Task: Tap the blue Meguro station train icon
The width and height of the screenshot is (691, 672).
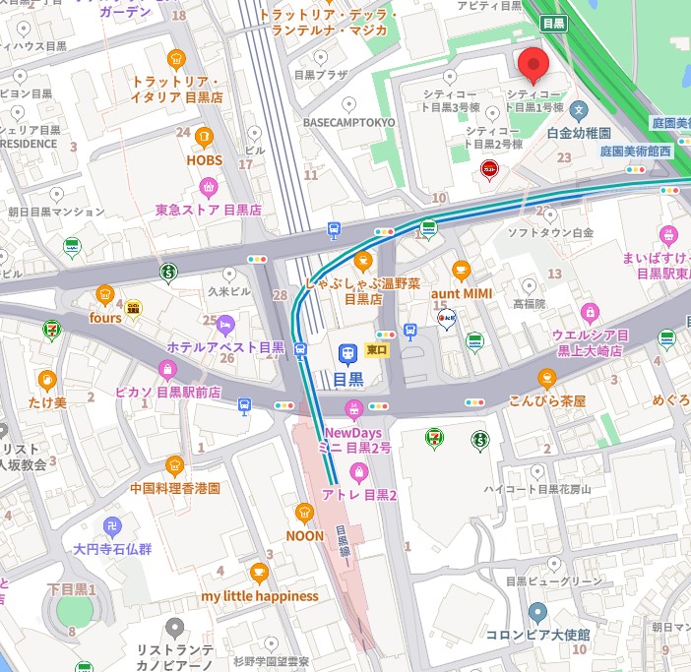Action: coord(347,352)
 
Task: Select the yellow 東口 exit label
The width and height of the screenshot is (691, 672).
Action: coord(377,350)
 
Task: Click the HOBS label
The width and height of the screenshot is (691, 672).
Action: coord(204,159)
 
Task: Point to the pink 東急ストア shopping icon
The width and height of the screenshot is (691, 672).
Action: coord(208,186)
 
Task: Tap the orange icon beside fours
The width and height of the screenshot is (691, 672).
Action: coord(104,294)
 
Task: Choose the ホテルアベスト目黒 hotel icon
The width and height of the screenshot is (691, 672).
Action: coord(225,324)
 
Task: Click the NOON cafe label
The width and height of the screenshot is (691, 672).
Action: coord(304,535)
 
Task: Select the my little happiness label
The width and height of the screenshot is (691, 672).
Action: coord(260,596)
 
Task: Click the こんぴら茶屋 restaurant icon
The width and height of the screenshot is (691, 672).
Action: coord(546,378)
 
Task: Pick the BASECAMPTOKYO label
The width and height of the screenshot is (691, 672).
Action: coord(348,122)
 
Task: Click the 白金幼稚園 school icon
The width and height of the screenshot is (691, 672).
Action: coord(580,109)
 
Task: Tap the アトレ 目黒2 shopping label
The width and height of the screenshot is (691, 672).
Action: coord(358,496)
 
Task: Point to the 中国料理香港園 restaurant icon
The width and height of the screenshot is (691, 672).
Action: coord(175,464)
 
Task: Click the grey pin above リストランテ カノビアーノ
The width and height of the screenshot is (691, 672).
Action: coord(175,626)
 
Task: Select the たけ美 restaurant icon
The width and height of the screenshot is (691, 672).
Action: coord(46,380)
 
